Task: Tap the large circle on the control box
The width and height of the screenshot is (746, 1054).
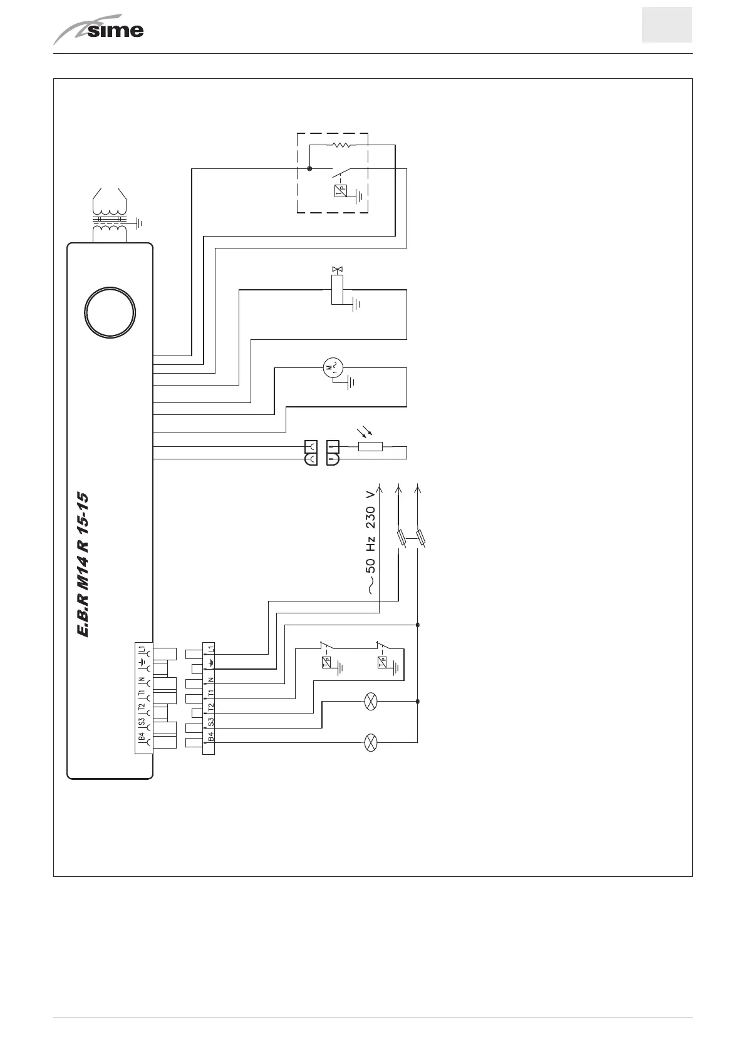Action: tap(110, 313)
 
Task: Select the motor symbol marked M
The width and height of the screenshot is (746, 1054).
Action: tap(333, 367)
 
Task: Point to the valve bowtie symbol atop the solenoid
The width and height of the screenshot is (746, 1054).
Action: tap(338, 270)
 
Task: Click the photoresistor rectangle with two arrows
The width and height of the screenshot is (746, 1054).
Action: tap(370, 447)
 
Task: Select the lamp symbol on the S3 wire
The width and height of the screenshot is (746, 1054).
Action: tap(371, 702)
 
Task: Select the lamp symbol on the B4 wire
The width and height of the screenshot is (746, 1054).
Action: tap(371, 743)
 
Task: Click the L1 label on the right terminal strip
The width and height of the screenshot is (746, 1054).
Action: tap(210, 650)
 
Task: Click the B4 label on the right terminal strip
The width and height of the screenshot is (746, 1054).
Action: tap(210, 737)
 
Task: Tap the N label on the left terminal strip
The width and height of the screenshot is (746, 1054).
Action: tap(142, 679)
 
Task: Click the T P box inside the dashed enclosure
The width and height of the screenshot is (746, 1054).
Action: tap(340, 192)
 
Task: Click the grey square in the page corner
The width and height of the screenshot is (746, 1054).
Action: tap(666, 25)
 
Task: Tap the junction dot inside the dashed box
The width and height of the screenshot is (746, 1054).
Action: tap(309, 168)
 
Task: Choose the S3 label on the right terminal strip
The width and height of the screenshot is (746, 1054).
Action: tap(210, 723)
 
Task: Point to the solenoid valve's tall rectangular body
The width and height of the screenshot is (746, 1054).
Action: tap(338, 290)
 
